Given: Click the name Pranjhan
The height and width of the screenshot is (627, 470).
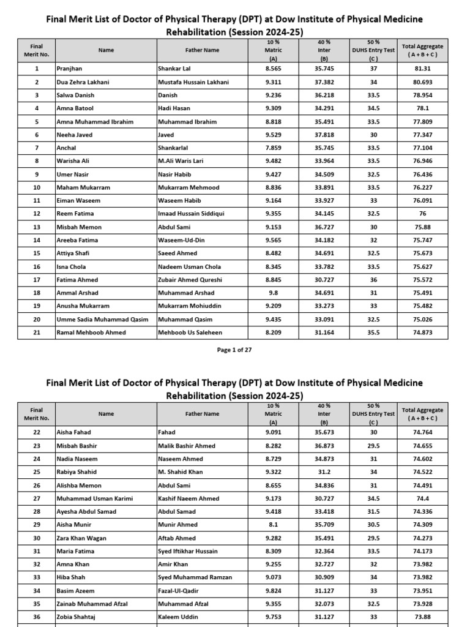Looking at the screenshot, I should [x=69, y=69].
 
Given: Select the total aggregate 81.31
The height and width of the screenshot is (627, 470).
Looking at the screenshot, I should [x=422, y=69].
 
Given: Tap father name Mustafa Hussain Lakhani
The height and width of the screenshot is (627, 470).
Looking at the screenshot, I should [x=193, y=82].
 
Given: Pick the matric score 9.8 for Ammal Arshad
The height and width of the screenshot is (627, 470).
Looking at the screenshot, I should [x=274, y=293].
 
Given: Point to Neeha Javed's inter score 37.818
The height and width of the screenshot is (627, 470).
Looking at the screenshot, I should [x=324, y=135].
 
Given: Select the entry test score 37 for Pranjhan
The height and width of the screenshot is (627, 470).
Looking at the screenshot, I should [x=373, y=69].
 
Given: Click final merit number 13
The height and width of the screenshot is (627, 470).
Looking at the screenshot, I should [x=37, y=227].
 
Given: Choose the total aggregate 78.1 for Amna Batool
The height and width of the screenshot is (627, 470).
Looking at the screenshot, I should [x=422, y=108].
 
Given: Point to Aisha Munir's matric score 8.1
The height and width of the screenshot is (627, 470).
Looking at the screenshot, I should [x=274, y=525].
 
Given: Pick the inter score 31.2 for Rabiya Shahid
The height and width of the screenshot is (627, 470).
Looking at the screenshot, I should [x=324, y=472].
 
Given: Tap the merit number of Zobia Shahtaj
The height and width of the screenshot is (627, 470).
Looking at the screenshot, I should [x=37, y=617].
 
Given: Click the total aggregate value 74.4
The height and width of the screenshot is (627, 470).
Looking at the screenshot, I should [x=422, y=498].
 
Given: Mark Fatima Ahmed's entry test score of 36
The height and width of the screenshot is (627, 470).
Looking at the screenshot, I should [x=373, y=280].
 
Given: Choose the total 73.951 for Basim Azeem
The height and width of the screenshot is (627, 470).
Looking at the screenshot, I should [x=422, y=590].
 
